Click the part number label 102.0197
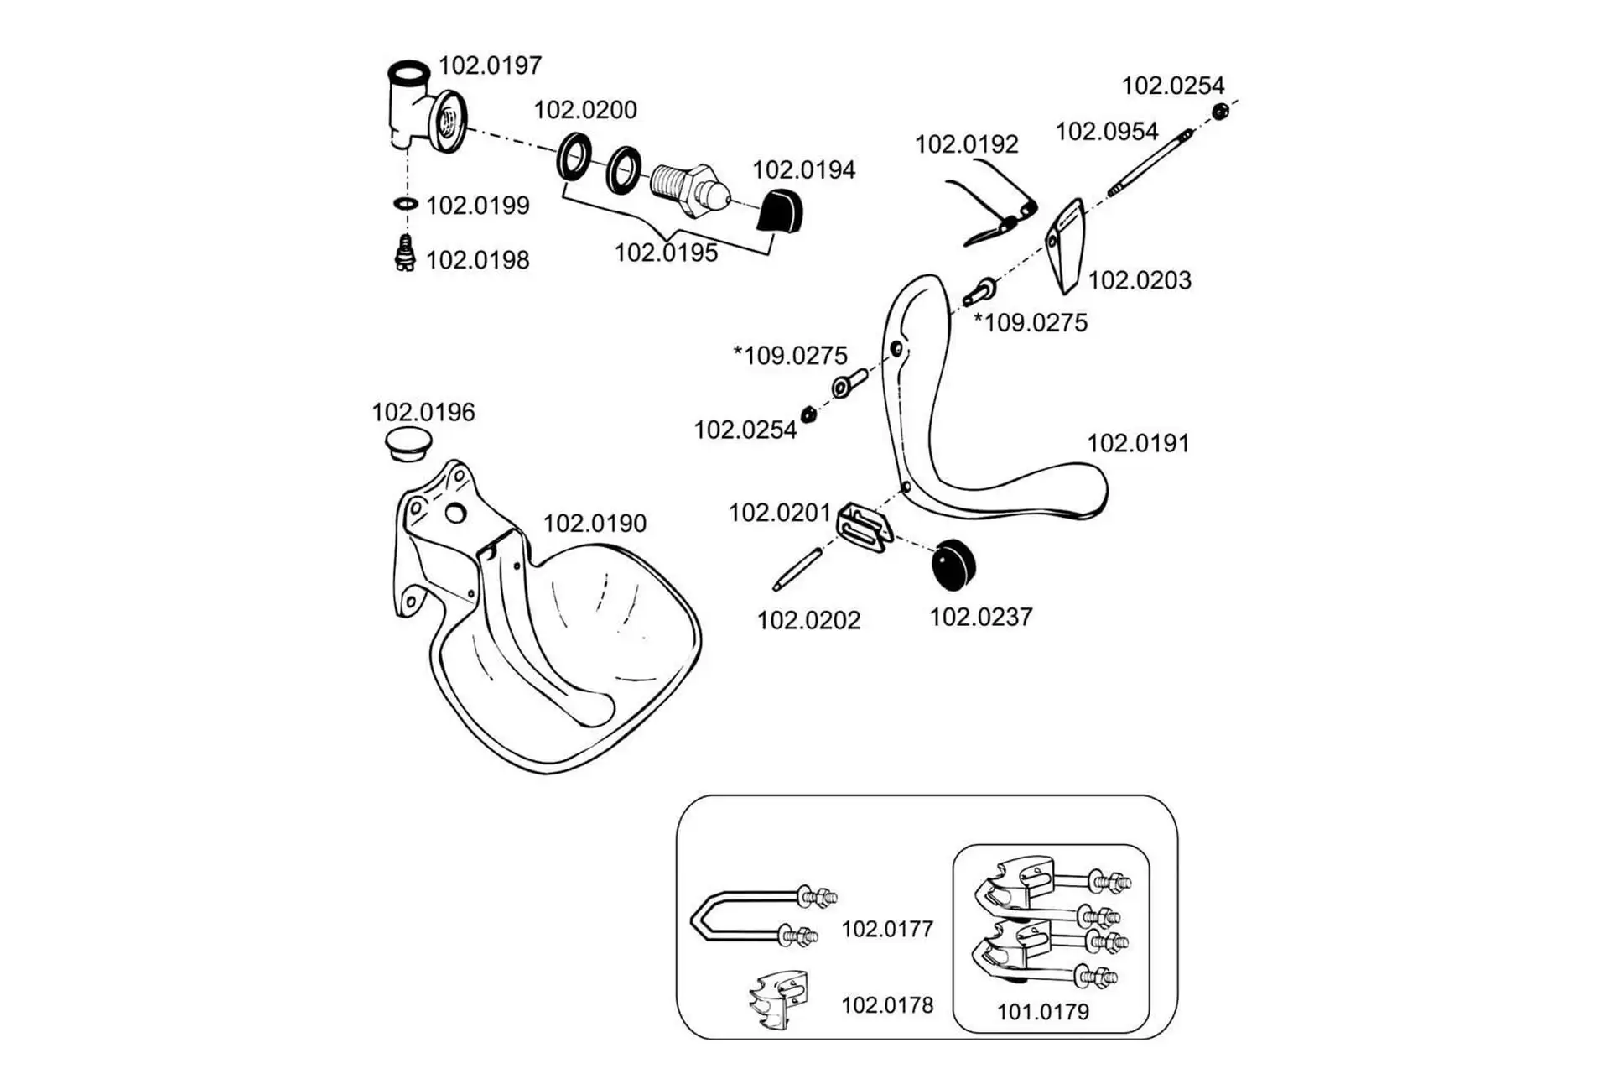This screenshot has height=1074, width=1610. click(491, 65)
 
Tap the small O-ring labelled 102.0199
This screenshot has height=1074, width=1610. click(406, 204)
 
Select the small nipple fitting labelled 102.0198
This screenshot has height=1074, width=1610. click(405, 254)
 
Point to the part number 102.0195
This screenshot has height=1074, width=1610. click(666, 253)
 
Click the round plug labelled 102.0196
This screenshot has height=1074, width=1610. click(408, 442)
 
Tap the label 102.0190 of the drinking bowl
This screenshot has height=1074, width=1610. click(595, 524)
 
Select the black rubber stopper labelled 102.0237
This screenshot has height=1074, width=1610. click(954, 564)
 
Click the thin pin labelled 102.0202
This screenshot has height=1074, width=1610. click(797, 569)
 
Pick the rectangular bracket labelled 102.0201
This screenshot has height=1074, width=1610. click(863, 527)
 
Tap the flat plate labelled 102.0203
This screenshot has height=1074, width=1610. click(1066, 245)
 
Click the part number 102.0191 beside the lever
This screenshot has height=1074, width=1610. click(1138, 443)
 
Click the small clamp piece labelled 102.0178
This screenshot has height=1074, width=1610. click(780, 1000)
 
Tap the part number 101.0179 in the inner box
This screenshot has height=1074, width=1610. click(1042, 1012)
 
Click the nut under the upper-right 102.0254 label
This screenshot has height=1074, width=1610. click(1221, 111)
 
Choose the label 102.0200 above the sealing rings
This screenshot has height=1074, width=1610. click(585, 110)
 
